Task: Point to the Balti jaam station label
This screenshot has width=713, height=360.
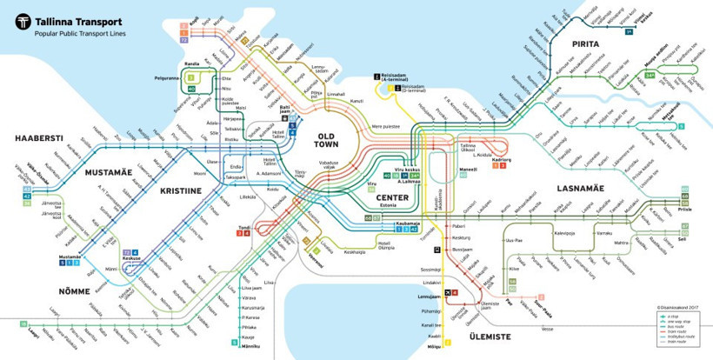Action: pyautogui.click(x=278, y=110)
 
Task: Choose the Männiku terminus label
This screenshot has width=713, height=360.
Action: pyautogui.click(x=250, y=348)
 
